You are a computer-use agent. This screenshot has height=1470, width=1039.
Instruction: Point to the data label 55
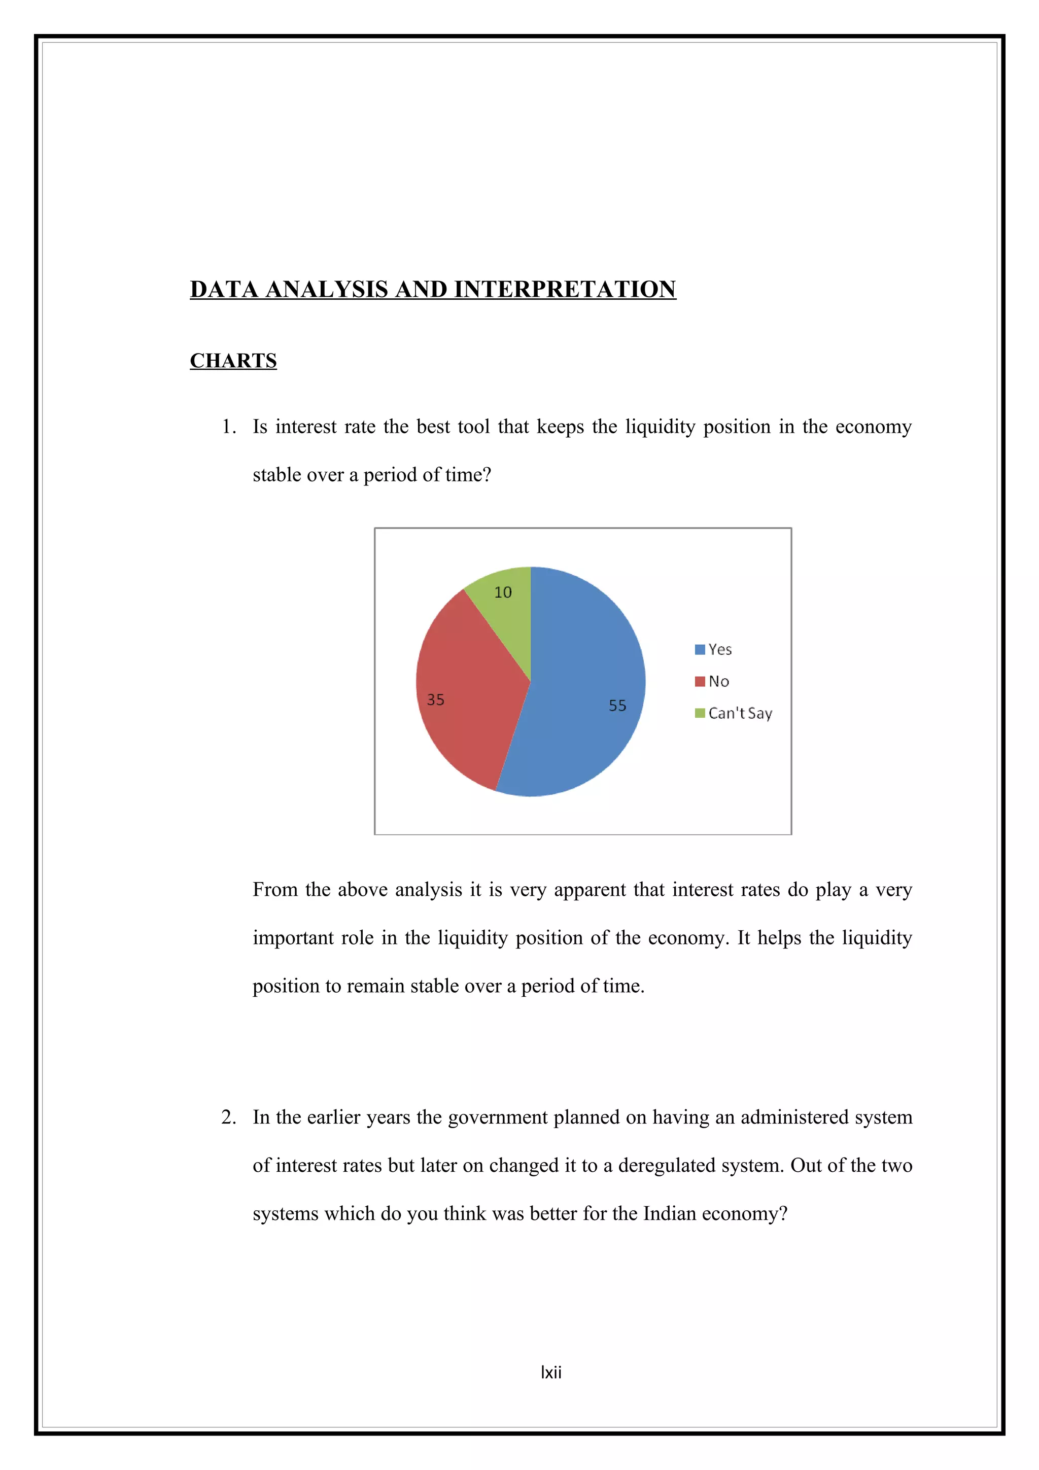coord(617,706)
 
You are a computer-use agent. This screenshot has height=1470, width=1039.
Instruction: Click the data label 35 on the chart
coord(435,700)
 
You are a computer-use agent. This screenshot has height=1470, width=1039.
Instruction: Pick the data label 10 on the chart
coord(503,592)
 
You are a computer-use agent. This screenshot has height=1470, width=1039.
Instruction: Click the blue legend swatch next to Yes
coord(700,649)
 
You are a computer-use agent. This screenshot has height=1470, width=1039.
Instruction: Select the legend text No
coord(718,681)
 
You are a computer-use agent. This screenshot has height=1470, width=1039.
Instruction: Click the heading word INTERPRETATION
coord(565,290)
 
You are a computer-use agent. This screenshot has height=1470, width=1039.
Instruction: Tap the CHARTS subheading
coord(233,361)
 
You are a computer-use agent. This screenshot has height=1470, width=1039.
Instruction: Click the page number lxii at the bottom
coord(550,1372)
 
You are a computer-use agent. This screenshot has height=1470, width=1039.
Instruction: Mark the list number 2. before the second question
coord(228,1117)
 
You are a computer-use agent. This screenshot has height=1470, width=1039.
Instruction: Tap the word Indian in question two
coord(669,1213)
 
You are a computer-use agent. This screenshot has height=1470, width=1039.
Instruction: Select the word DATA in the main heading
coord(224,290)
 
